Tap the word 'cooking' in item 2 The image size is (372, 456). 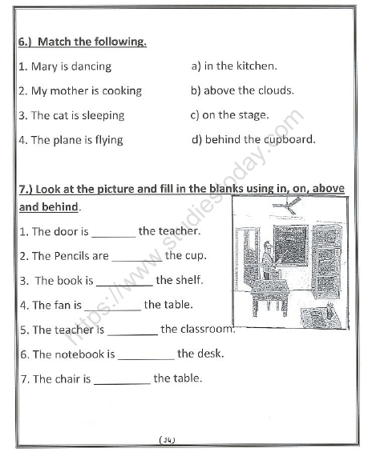121,90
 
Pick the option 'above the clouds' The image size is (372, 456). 249,90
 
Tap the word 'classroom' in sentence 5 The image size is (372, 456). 207,330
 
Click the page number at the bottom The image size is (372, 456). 168,439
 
